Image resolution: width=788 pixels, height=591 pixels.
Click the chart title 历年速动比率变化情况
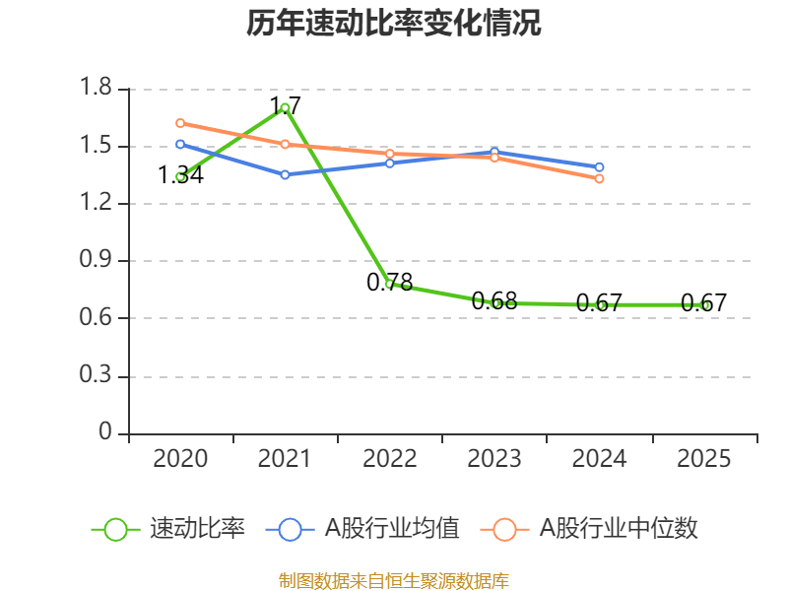[x=393, y=23]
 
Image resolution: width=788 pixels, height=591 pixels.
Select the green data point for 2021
[x=285, y=107]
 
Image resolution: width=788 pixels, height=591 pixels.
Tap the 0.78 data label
[x=389, y=282]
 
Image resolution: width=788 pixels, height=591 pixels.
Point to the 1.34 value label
[x=180, y=175]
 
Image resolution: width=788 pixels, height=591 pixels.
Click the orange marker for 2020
[x=180, y=123]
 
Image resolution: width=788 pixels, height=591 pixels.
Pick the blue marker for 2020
[x=180, y=144]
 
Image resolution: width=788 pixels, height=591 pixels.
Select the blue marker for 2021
[x=285, y=175]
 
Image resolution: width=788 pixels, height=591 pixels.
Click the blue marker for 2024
[x=599, y=166]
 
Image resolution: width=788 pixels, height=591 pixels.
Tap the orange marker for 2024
[x=599, y=178]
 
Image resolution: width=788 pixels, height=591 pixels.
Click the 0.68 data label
[x=494, y=301]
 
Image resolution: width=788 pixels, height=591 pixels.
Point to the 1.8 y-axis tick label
[x=96, y=87]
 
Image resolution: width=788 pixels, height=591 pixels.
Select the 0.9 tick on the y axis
[x=96, y=259]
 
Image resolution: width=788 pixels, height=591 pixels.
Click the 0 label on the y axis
[x=105, y=431]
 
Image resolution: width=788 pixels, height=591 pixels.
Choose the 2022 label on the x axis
[x=389, y=459]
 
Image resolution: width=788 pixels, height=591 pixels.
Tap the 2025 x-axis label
[x=703, y=459]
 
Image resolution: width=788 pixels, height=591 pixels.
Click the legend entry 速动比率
[x=167, y=529]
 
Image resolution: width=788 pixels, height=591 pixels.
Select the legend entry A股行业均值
[x=362, y=529]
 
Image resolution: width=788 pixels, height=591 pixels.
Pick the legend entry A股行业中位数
[x=589, y=529]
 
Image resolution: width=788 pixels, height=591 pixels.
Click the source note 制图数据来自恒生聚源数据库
[x=394, y=581]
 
